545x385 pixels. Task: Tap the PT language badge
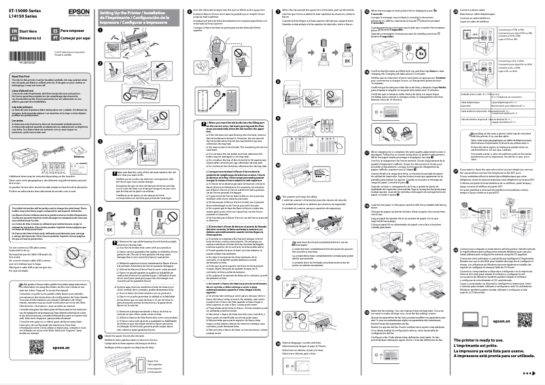pyautogui.click(x=55, y=39)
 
